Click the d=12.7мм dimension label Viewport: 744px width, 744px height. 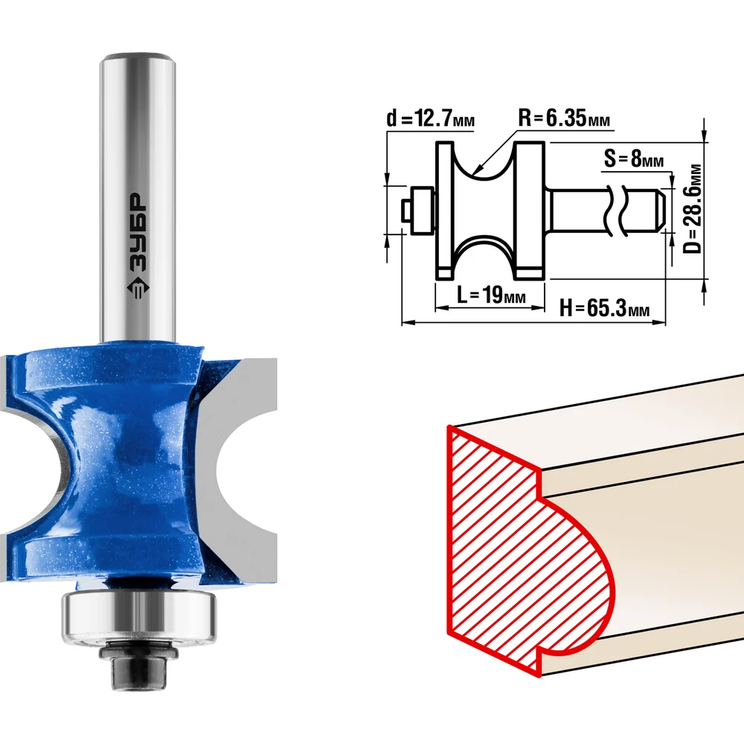[x=430, y=118]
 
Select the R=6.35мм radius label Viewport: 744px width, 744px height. [x=564, y=118]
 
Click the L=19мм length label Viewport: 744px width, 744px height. [x=491, y=295]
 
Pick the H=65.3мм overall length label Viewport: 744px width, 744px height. [x=604, y=307]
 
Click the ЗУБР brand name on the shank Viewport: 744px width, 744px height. [x=138, y=232]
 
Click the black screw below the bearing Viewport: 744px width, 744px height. [x=138, y=664]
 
